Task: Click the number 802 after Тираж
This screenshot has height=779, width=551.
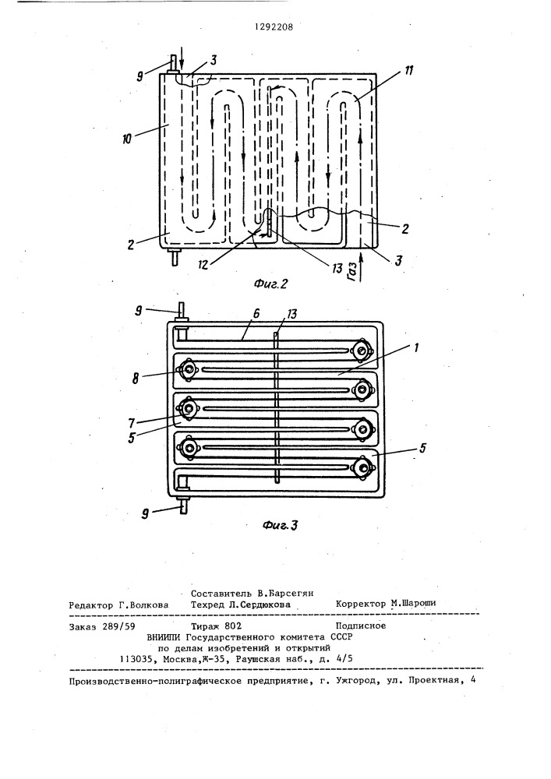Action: click(x=232, y=626)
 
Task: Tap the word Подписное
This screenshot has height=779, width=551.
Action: click(x=361, y=626)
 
